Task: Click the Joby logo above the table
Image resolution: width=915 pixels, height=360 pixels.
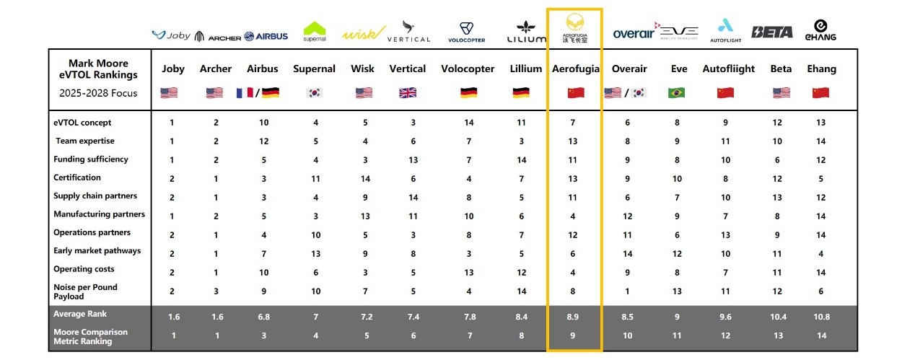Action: pos(170,35)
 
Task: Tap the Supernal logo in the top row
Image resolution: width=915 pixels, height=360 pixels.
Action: pos(315,31)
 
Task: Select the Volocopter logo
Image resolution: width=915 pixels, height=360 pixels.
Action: pos(466,32)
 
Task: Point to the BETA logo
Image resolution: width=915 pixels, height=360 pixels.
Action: pos(772,32)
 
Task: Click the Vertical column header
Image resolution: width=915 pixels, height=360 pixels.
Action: pos(408,69)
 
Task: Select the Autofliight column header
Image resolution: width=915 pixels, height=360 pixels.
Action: pos(729,69)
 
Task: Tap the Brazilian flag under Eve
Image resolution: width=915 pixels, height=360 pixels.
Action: pos(677,92)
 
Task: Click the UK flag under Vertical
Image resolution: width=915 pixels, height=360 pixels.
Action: pos(408,92)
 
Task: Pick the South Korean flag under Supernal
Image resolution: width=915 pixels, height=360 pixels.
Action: pos(315,92)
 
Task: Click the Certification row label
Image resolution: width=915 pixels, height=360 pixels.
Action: pos(77,177)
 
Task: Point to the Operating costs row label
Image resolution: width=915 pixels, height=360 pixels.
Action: pos(84,269)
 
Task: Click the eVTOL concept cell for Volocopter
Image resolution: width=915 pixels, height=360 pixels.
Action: pos(468,123)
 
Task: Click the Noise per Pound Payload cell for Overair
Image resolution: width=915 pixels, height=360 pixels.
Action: pos(628,291)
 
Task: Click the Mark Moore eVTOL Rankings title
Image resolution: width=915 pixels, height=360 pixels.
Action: pos(98,69)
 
